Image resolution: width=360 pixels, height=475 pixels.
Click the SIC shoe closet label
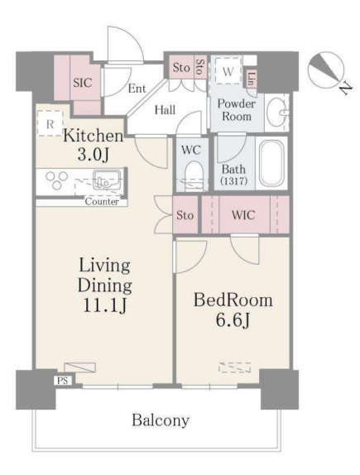coord(82,83)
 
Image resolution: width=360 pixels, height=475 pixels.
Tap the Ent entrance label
coord(137,89)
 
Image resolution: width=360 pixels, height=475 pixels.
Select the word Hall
coord(165,110)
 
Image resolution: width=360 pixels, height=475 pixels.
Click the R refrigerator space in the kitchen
coord(50,123)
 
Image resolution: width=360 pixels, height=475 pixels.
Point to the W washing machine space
coord(228,71)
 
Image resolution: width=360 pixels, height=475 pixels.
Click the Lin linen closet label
coord(250,78)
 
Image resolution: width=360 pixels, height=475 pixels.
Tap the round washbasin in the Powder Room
coord(276,113)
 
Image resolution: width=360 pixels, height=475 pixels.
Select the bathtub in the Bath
coord(271,164)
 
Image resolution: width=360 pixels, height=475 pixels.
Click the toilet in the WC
coord(193,176)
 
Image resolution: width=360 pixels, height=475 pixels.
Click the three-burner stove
coord(56,180)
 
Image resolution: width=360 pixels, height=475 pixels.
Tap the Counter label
coord(102,201)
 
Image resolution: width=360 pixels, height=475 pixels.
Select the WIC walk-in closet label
coord(243,215)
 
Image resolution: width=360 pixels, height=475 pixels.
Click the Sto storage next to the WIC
coord(185,215)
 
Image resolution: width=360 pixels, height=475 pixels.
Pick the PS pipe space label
coord(62,381)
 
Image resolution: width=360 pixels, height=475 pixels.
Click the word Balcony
coord(161,420)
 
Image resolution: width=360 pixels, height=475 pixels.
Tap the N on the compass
coord(346,89)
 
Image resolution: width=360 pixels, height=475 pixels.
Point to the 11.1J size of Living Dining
coord(104,305)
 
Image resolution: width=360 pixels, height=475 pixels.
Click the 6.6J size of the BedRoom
coord(233,320)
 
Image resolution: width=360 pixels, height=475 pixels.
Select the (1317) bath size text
coord(234,181)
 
